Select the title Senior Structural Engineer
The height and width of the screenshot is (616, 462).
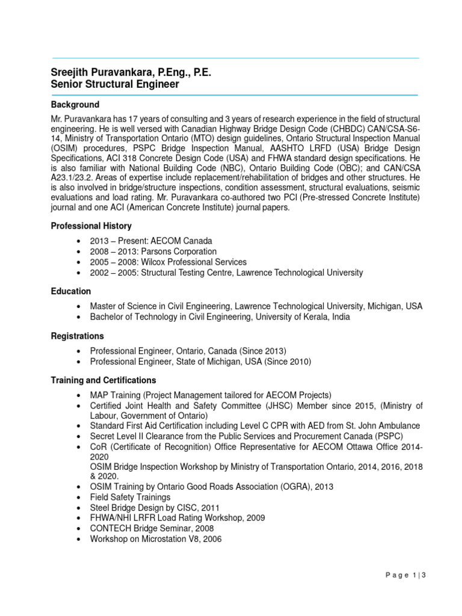coord(115,85)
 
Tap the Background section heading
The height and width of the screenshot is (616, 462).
coord(75,105)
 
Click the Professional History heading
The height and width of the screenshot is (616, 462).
coord(91,226)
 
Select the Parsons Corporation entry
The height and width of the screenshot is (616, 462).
coord(153,251)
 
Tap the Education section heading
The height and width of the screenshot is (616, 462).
coord(71,291)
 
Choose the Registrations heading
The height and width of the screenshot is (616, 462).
coord(78,336)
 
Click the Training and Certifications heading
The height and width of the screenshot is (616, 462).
coord(103,380)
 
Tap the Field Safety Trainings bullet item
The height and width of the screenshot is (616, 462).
coord(130,497)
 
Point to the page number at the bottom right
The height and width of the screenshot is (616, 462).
coord(407,593)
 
